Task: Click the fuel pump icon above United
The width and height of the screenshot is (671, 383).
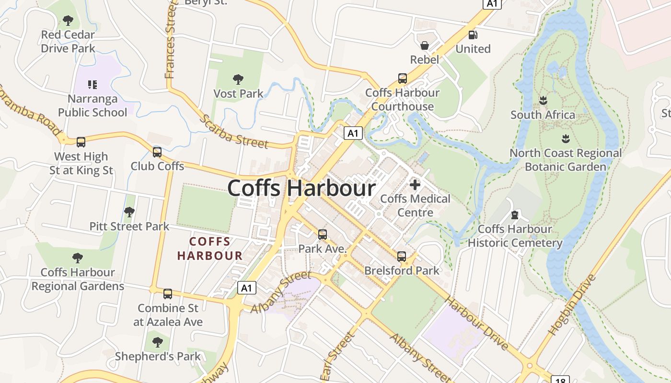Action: [x=473, y=34]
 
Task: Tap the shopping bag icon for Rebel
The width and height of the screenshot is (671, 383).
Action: [x=425, y=45]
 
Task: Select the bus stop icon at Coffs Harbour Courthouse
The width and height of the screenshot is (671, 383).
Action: [x=403, y=78]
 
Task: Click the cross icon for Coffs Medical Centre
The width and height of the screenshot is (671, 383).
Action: [x=415, y=184]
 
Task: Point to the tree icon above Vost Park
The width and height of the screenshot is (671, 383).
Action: [x=238, y=79]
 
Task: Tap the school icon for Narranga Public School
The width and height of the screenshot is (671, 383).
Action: [x=93, y=85]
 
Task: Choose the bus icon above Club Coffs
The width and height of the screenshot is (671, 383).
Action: [x=157, y=152]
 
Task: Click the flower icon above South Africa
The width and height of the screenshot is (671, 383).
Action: [x=543, y=101]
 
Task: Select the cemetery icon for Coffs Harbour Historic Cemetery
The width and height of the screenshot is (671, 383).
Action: [x=515, y=214]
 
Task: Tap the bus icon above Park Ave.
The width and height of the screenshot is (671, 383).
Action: [x=323, y=235]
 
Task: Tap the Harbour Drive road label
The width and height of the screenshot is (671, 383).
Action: [x=476, y=323]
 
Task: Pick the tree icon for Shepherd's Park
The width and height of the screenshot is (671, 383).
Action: [x=157, y=342]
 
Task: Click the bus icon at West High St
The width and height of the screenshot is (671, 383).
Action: [x=81, y=142]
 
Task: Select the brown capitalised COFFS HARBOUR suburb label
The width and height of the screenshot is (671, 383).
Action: [x=210, y=248]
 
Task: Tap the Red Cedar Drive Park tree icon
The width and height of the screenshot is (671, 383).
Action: [x=68, y=21]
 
